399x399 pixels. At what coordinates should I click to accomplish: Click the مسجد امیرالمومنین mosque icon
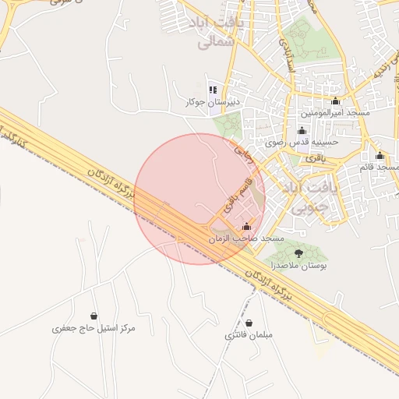(x=336, y=101)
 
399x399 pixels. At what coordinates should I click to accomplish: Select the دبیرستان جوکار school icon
(x=213, y=90)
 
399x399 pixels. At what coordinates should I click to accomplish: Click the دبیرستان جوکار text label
(x=212, y=103)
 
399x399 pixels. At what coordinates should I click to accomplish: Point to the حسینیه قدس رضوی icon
(x=302, y=130)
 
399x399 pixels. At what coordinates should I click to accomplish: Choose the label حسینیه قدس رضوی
(x=302, y=143)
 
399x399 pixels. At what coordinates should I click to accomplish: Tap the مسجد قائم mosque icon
(x=380, y=155)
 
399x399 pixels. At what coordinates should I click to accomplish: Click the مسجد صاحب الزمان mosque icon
(x=247, y=227)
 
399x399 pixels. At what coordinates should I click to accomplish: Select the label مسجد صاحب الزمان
(x=247, y=238)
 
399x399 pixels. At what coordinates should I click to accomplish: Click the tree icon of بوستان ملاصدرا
(x=298, y=253)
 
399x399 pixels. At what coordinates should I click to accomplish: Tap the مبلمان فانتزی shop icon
(x=249, y=323)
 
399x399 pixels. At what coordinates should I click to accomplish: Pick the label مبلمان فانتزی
(x=249, y=336)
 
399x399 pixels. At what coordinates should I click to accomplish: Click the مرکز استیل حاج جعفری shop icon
(x=94, y=316)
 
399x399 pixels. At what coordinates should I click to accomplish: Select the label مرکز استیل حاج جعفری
(x=94, y=329)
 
